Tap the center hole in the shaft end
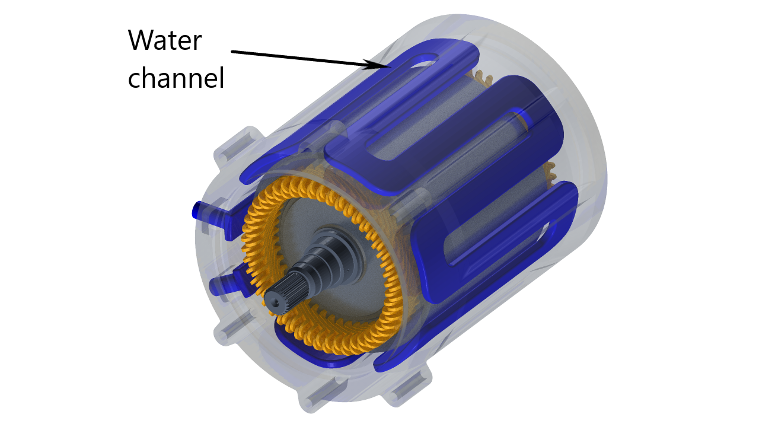(275, 302)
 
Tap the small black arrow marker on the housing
(374, 65)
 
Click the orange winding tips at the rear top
(480, 77)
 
